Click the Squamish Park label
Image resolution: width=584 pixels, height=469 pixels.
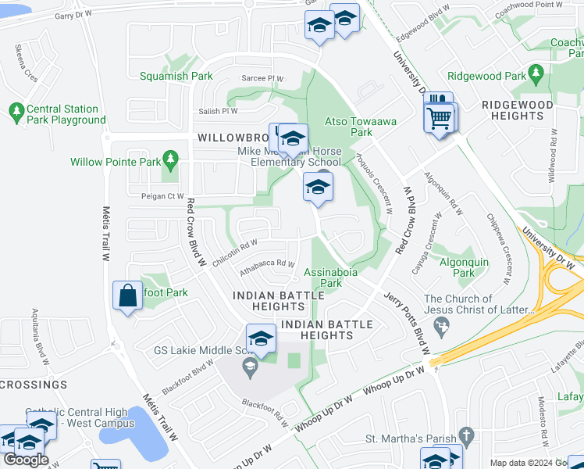[176, 77]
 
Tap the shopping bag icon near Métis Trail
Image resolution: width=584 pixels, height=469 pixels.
[126, 296]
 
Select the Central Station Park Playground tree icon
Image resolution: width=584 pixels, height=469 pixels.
[16, 113]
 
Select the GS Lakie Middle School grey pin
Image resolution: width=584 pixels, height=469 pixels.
[251, 367]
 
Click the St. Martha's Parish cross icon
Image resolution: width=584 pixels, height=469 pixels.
[466, 435]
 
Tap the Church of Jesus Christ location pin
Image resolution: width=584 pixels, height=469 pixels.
[443, 325]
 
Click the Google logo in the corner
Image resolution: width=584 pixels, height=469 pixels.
[26, 460]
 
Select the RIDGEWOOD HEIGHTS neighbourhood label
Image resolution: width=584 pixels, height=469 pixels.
[517, 109]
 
